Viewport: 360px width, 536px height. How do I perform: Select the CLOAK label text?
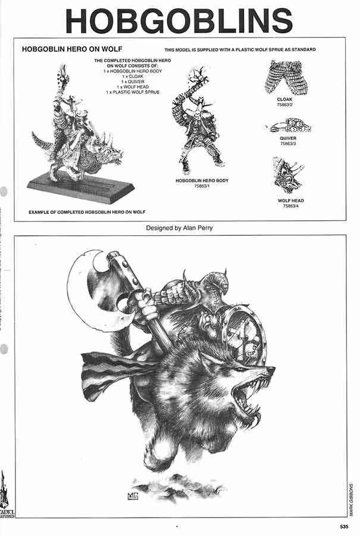tap(284, 99)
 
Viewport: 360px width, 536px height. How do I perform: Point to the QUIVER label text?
tap(287, 138)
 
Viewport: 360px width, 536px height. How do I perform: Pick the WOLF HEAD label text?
tap(290, 201)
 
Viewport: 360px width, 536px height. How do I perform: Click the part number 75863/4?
tap(290, 206)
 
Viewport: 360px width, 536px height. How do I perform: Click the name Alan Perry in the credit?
tap(200, 228)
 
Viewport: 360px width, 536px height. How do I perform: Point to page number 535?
tap(344, 526)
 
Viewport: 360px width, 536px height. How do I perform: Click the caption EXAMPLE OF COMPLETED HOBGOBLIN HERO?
tap(87, 212)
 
